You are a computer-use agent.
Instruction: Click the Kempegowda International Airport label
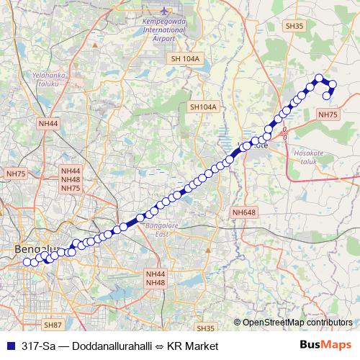click(165, 31)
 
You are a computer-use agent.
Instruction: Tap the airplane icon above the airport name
click(165, 12)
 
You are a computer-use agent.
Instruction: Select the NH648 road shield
click(244, 212)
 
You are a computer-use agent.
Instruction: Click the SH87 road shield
click(52, 325)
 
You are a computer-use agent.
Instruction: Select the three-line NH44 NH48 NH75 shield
click(71, 179)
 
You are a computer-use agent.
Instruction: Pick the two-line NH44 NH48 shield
click(155, 279)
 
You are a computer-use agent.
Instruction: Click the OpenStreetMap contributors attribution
click(297, 322)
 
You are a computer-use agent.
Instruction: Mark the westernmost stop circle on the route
click(27, 261)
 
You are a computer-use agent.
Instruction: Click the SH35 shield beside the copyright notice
click(205, 328)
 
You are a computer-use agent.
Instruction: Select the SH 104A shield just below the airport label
click(184, 58)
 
